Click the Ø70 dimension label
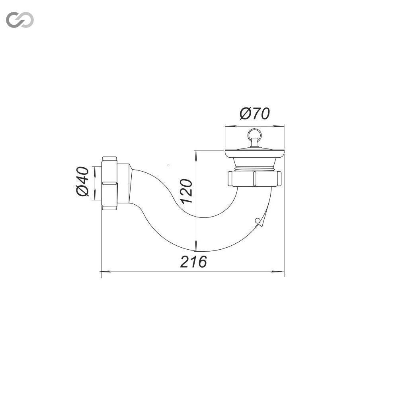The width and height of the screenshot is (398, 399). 254,114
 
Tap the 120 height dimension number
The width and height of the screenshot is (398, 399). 187,191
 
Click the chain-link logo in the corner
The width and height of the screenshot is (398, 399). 20,20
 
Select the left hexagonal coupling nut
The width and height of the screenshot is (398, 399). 109,183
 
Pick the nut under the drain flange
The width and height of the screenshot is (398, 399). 255,179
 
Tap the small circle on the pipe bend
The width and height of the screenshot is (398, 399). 257,220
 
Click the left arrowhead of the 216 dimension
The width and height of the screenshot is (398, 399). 106,272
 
